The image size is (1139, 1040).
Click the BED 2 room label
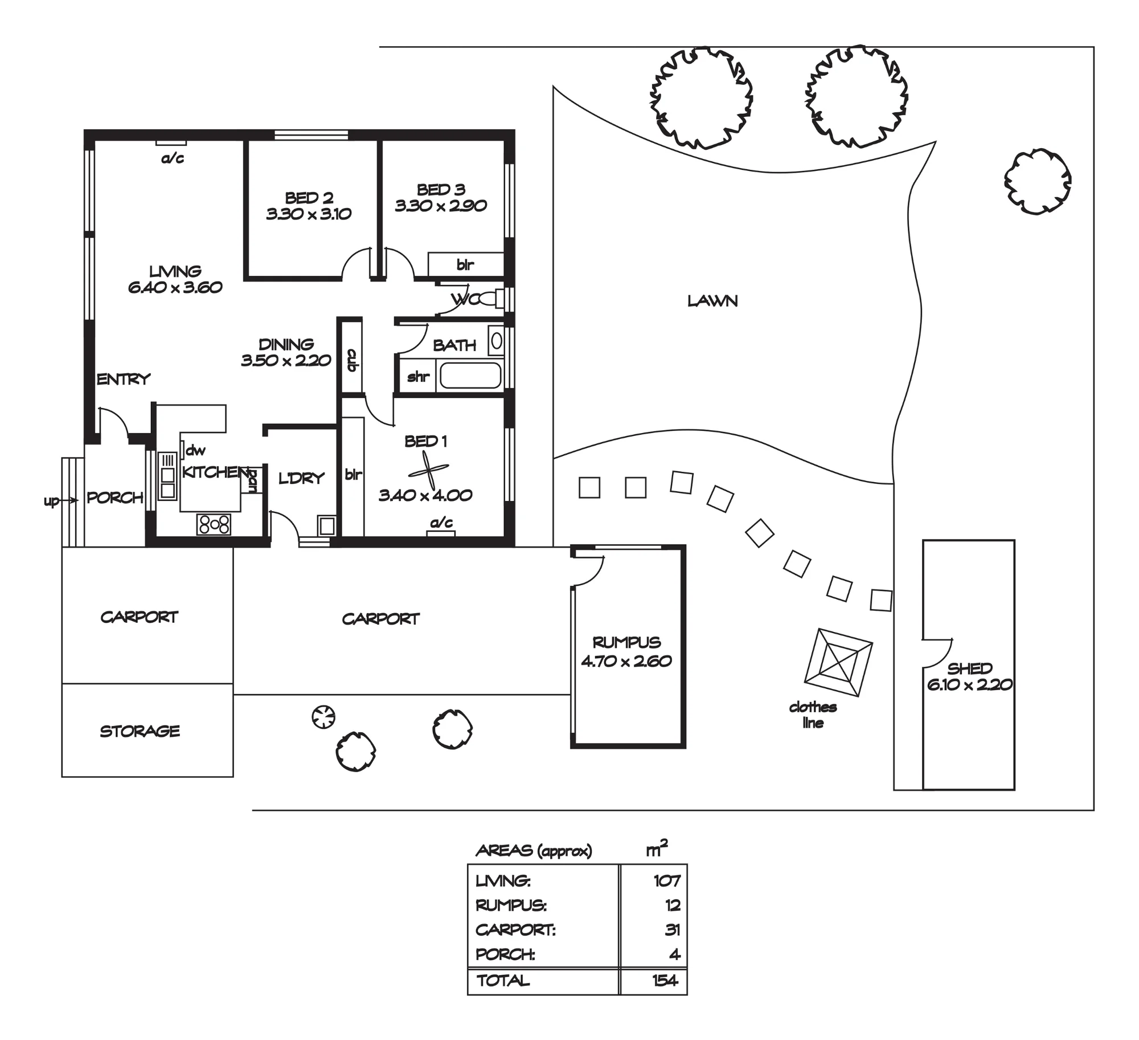click(309, 198)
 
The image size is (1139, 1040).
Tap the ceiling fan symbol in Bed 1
click(428, 471)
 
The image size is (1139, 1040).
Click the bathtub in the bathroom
click(470, 376)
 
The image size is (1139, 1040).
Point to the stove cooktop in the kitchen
click(214, 524)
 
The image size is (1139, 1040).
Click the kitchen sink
click(167, 476)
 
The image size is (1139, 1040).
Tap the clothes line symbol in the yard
click(838, 663)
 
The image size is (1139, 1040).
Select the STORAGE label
click(140, 731)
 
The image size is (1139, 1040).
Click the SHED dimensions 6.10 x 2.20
click(970, 684)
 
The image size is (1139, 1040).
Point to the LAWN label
click(712, 301)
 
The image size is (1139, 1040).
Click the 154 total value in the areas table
click(665, 980)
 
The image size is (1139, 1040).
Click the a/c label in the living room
click(173, 158)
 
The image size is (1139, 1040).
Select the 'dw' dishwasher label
click(195, 450)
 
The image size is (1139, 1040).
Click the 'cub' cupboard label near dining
click(352, 360)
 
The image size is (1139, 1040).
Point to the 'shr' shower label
click(418, 376)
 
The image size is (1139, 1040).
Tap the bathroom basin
click(497, 341)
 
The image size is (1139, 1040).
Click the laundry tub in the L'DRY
click(327, 525)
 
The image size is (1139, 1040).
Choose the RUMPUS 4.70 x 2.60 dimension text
click(626, 661)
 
